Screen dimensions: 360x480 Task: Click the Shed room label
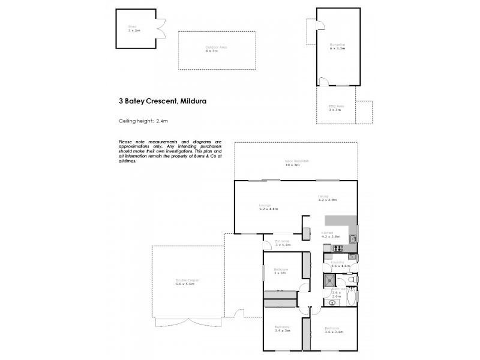pos(133,28)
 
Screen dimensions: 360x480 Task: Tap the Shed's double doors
pos(160,27)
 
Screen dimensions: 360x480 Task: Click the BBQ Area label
pos(335,108)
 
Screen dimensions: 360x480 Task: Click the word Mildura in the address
pos(192,101)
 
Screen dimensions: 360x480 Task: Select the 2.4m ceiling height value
pos(161,121)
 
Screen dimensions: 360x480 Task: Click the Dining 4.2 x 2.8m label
pos(329,198)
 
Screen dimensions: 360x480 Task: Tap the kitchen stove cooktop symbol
pos(337,248)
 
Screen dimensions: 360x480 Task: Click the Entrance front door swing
pos(268,243)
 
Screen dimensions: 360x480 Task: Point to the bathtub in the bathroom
pos(350,296)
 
